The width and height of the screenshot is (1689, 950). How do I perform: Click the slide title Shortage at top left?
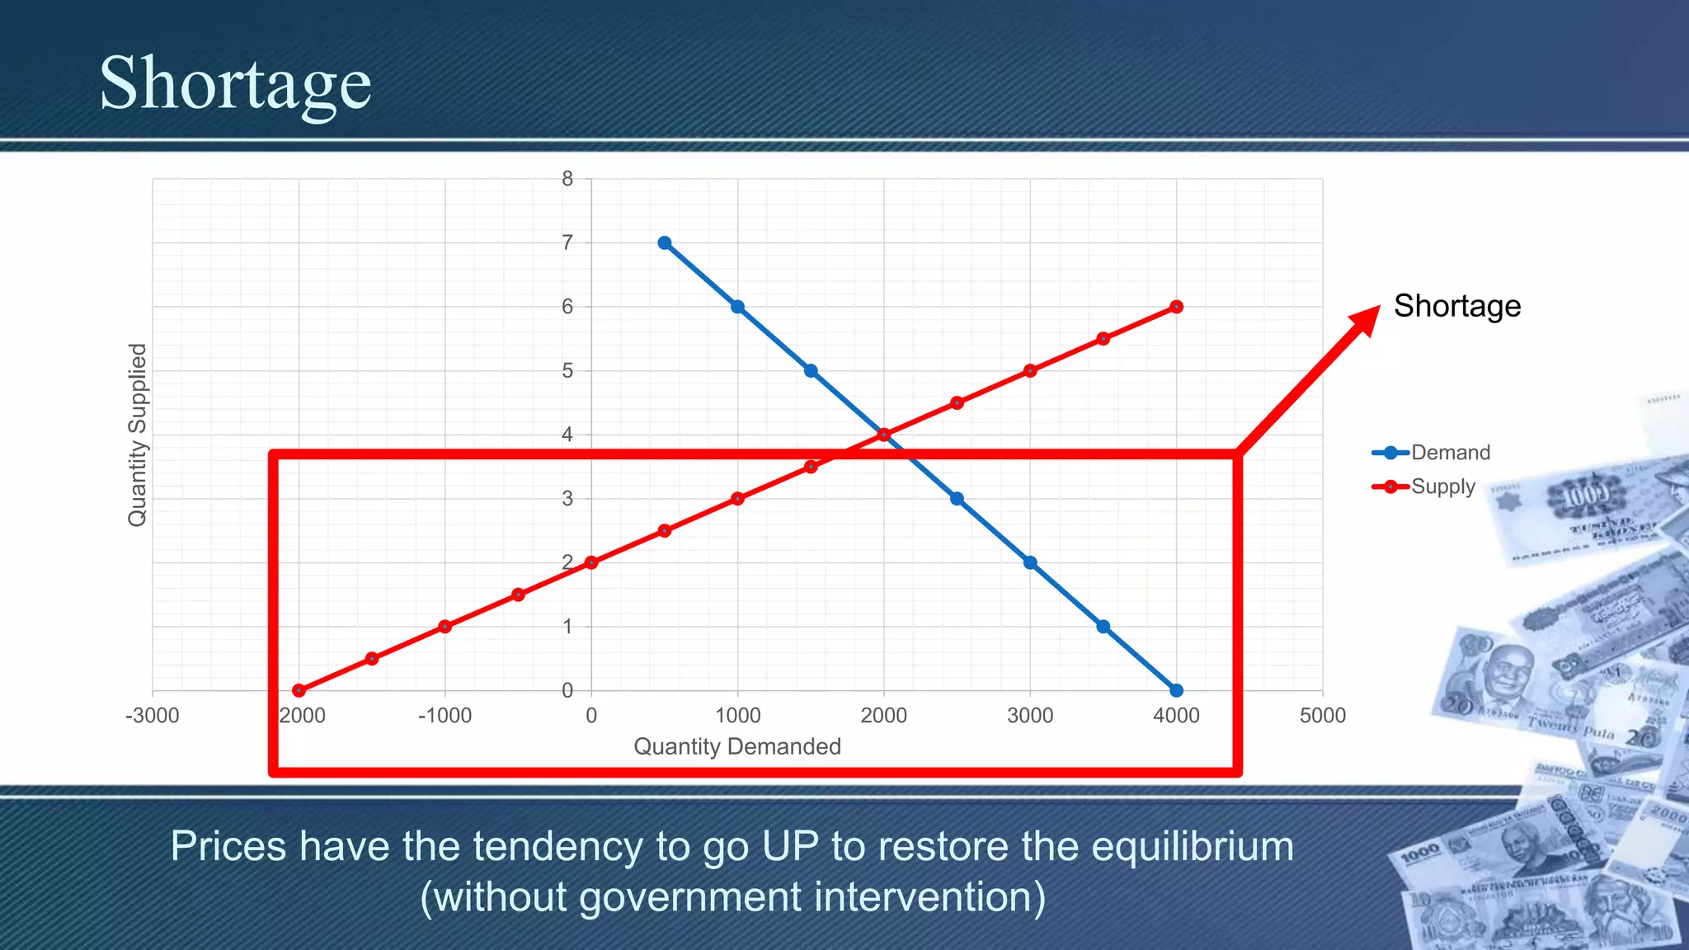[x=235, y=84]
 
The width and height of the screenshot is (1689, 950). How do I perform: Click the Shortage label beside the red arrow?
[x=1456, y=306]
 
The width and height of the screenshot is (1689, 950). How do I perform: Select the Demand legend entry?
[x=1450, y=453]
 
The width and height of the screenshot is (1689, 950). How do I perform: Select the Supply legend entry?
[x=1442, y=487]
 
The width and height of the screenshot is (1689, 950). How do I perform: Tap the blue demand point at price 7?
[x=665, y=243]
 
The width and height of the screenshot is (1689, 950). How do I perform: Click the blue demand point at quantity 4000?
[x=1176, y=690]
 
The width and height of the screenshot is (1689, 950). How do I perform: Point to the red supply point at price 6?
[x=1176, y=307]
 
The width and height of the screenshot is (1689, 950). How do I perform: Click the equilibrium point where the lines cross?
[x=884, y=435]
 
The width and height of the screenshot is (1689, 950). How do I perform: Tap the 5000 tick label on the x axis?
[x=1322, y=716]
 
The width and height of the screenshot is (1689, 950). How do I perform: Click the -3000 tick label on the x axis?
[x=153, y=716]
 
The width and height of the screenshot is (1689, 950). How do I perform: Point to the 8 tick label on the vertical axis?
[x=567, y=179]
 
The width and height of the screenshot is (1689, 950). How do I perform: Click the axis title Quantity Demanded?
[x=736, y=746]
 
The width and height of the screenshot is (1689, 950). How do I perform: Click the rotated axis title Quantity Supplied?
[x=137, y=435]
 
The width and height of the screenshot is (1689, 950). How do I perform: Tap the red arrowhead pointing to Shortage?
[x=1365, y=320]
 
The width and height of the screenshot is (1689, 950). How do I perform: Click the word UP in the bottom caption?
[x=790, y=847]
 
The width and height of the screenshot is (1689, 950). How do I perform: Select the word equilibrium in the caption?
[x=1193, y=847]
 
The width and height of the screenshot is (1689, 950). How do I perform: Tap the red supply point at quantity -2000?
[x=299, y=690]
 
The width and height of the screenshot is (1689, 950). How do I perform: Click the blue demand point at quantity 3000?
[x=1030, y=562]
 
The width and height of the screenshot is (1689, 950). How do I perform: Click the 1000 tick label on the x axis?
[x=737, y=716]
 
